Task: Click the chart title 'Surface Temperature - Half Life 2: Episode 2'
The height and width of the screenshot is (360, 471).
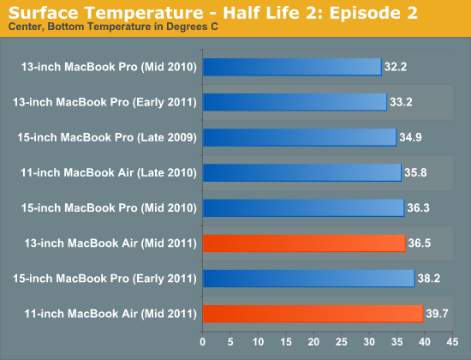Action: pyautogui.click(x=213, y=13)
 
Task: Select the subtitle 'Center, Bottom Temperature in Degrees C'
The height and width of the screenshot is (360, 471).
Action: pyautogui.click(x=113, y=27)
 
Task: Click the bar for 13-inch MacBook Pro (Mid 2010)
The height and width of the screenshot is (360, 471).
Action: pyautogui.click(x=292, y=67)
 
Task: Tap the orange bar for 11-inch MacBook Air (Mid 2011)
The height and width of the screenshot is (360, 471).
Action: pyautogui.click(x=313, y=314)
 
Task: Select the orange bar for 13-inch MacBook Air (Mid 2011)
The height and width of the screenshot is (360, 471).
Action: pyautogui.click(x=304, y=243)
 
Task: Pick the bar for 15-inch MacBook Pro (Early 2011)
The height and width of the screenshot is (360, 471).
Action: pyautogui.click(x=309, y=279)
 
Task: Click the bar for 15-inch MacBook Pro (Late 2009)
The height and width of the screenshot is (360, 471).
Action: pyautogui.click(x=300, y=137)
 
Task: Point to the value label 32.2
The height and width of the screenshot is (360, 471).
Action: pyautogui.click(x=396, y=67)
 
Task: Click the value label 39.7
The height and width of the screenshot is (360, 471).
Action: pyautogui.click(x=437, y=314)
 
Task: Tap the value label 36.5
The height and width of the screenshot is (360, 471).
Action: pyautogui.click(x=420, y=243)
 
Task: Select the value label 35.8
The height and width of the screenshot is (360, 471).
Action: pyautogui.click(x=415, y=172)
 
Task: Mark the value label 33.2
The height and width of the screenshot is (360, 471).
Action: pyautogui.click(x=401, y=102)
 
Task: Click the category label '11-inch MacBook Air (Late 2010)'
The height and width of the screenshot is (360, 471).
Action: pyautogui.click(x=109, y=172)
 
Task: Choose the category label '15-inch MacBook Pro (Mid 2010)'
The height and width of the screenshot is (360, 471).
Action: pyautogui.click(x=109, y=207)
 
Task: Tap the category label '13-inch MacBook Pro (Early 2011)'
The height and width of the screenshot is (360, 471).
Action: pyautogui.click(x=104, y=102)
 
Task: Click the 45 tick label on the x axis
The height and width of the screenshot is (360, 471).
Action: pyautogui.click(x=452, y=342)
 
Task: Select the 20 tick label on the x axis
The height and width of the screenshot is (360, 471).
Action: pyautogui.click(x=313, y=342)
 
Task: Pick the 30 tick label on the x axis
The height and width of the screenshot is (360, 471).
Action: pyautogui.click(x=369, y=342)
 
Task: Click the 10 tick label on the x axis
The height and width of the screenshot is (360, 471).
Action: pyautogui.click(x=258, y=342)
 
